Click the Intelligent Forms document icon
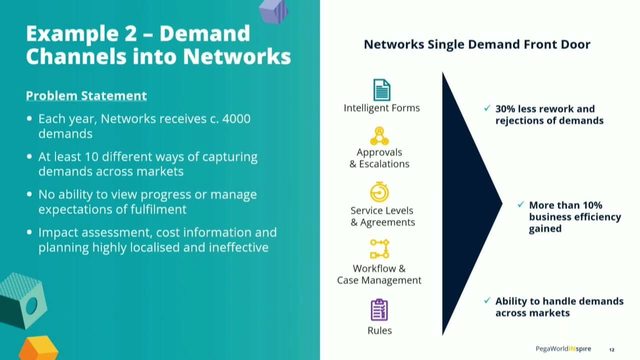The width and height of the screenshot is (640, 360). pyautogui.click(x=380, y=89)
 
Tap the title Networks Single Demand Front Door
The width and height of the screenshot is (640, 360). pyautogui.click(x=476, y=45)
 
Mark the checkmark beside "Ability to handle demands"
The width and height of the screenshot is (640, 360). pyautogui.click(x=486, y=300)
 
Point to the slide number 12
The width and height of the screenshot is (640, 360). pyautogui.click(x=611, y=347)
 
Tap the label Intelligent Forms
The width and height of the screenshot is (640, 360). pyautogui.click(x=381, y=108)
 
